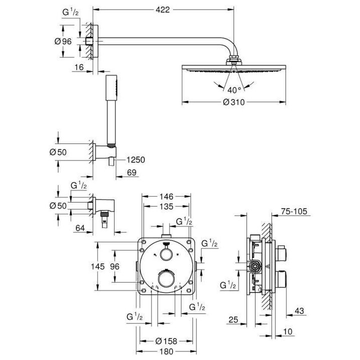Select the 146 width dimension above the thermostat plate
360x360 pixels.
click(166, 197)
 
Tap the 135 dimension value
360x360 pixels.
click(166, 207)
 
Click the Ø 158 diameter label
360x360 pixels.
click(165, 341)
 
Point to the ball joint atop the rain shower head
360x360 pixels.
click(233, 62)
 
